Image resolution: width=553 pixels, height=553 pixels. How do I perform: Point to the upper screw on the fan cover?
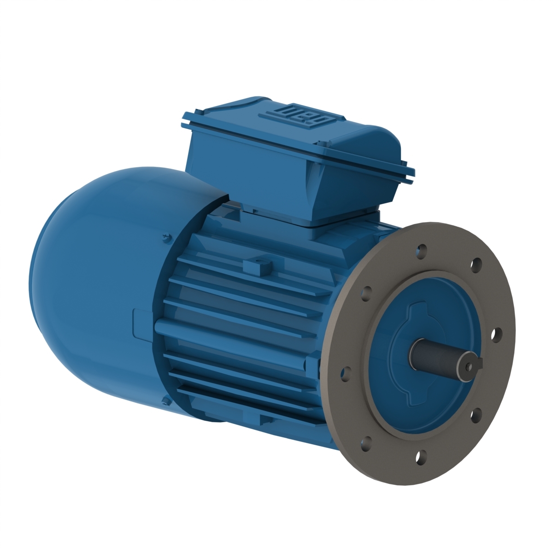click(165, 239)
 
